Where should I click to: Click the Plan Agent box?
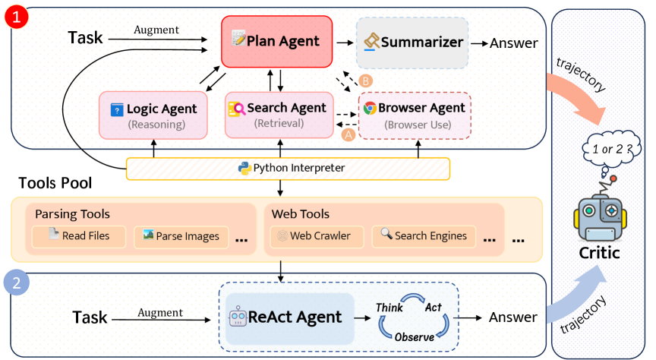click(x=277, y=40)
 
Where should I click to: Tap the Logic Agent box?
click(x=153, y=115)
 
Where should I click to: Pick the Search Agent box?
click(x=278, y=114)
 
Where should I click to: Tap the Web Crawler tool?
click(x=314, y=236)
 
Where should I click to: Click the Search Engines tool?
click(x=423, y=236)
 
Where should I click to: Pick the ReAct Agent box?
click(x=291, y=317)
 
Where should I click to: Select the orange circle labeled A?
click(x=348, y=133)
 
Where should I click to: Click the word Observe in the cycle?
click(x=414, y=336)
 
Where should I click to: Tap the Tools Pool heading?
click(x=55, y=184)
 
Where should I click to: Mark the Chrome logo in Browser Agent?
click(x=370, y=108)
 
